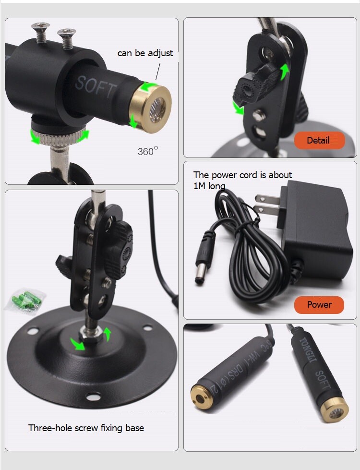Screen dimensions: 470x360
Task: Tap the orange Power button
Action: click(x=319, y=304)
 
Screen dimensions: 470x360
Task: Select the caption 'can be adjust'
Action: click(x=145, y=53)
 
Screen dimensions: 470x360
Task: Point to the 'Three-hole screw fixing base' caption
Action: click(x=86, y=427)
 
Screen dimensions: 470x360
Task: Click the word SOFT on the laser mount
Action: click(x=96, y=86)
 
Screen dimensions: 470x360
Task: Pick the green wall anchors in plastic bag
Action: click(x=26, y=301)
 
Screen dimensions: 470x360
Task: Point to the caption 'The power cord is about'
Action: click(x=242, y=175)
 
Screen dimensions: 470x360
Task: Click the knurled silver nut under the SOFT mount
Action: click(x=60, y=137)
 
